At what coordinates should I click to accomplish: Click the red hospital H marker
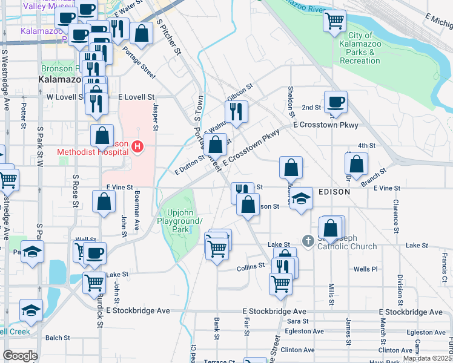coord(138,146)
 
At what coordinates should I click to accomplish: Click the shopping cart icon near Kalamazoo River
coord(335,22)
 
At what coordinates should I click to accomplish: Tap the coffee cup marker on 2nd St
coord(335,102)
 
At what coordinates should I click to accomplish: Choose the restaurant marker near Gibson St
coord(236,111)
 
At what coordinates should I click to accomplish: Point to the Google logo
coord(20,356)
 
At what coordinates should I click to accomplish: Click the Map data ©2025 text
coord(428,358)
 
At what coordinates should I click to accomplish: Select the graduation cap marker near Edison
coord(300,198)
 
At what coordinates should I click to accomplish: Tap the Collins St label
coord(251,266)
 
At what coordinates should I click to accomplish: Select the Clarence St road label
coord(395,216)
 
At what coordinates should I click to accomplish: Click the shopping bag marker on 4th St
coord(357,163)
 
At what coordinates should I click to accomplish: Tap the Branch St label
coord(372,176)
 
